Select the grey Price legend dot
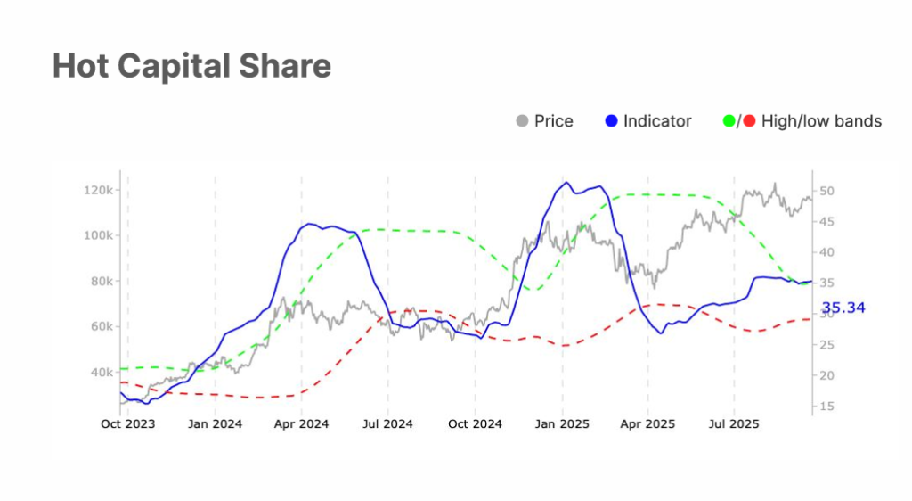[x=522, y=121]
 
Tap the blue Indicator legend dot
[x=611, y=121]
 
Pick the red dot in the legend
[x=749, y=121]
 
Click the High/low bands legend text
[x=821, y=121]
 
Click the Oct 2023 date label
[x=127, y=424]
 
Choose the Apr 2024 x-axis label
[x=301, y=424]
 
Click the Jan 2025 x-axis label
[x=562, y=424]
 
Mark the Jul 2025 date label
[x=733, y=424]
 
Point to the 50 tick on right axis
[x=826, y=191]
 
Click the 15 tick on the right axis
[x=826, y=407]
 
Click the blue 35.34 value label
[x=843, y=308]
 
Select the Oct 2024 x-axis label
[x=475, y=424]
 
